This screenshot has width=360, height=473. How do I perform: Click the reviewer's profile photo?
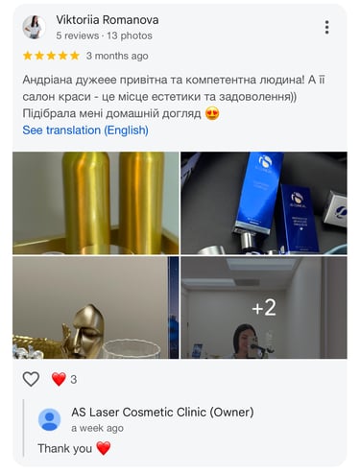point(34,27)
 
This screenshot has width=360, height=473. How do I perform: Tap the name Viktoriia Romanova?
point(108,20)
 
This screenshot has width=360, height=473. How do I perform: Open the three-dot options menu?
point(326,27)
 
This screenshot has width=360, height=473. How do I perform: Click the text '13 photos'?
point(130,35)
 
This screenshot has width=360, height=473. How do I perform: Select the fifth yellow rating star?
point(75,56)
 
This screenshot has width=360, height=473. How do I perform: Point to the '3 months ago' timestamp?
point(117,56)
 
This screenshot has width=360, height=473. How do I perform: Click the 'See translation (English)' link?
point(85,130)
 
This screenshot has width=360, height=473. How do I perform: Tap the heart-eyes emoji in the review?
point(212,113)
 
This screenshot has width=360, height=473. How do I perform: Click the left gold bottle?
point(86,201)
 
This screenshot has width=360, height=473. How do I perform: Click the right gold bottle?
point(141,201)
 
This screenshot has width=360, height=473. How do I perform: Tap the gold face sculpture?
point(84,331)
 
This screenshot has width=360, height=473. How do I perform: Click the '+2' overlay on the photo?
point(264,308)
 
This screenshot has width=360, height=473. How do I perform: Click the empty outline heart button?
point(31,379)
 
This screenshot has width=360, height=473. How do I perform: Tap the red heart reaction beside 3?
point(59,379)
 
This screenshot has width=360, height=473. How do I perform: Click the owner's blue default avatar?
point(50,419)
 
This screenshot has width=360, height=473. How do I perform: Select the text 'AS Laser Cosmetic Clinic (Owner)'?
point(162,413)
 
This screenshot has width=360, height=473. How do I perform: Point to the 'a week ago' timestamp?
point(97,428)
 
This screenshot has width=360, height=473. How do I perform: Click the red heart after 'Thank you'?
point(104,448)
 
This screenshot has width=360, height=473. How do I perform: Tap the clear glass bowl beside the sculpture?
point(132,349)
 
